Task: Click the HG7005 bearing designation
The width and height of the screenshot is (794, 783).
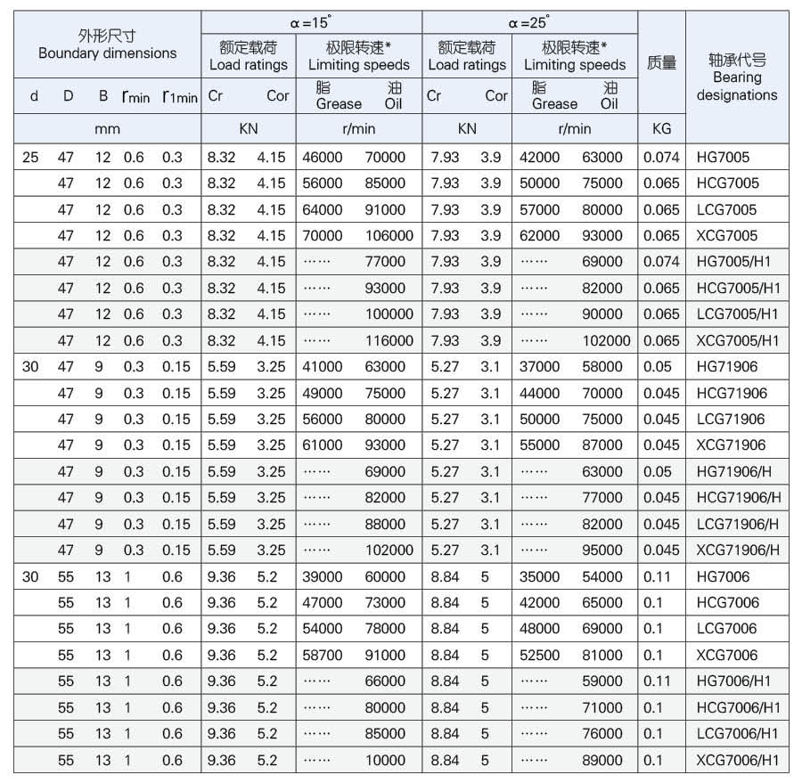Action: [723, 158]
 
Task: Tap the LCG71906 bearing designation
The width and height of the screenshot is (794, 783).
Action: [731, 420]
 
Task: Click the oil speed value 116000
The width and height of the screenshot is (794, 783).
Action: [389, 341]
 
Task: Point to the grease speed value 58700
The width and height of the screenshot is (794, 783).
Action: [323, 655]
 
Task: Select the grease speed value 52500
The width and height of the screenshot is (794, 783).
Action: [540, 655]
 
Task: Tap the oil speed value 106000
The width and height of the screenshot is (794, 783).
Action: [389, 236]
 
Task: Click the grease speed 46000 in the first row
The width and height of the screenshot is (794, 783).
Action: [323, 158]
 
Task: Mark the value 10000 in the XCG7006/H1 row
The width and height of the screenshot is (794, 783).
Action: [385, 760]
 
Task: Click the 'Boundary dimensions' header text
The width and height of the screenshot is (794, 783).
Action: [108, 53]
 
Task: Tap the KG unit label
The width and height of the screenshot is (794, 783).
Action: [661, 129]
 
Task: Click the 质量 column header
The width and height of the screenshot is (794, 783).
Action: [661, 62]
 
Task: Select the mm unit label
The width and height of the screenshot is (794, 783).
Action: [107, 129]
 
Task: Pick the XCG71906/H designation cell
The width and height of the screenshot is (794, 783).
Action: [739, 551]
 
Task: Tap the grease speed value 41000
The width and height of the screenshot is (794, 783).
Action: [323, 367]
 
